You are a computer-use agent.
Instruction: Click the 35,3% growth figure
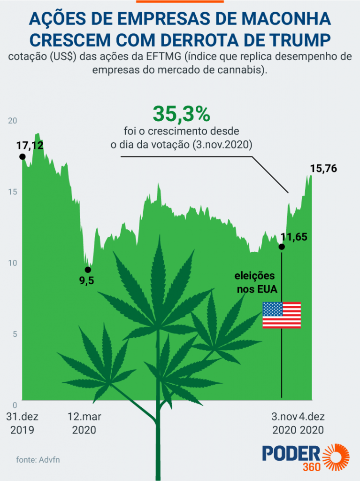click(x=181, y=114)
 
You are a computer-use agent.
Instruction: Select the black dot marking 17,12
click(x=22, y=156)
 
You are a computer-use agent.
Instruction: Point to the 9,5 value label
click(x=86, y=281)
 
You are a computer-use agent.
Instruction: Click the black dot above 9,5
click(x=87, y=270)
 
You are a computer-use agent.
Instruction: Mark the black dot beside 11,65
click(x=282, y=247)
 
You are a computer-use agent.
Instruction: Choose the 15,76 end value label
click(x=323, y=169)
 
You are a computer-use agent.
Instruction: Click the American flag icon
click(x=282, y=315)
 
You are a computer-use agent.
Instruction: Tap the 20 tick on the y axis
click(x=13, y=121)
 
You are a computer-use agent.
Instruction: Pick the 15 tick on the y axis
click(x=13, y=192)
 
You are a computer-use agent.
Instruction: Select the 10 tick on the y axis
click(x=13, y=263)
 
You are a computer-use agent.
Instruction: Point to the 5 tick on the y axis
click(x=15, y=334)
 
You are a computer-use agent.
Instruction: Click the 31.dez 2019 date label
click(x=22, y=423)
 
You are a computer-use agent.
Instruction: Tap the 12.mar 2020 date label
click(x=84, y=423)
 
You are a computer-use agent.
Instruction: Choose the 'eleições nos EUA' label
click(x=256, y=282)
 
